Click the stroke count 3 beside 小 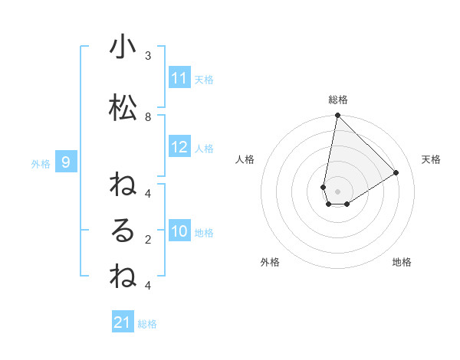148,55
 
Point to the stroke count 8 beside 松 148,116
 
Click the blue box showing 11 179,78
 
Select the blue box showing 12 179,148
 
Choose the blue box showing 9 67,162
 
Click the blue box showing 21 123,323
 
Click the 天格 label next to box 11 204,80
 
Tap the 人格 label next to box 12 204,149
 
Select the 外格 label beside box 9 40,163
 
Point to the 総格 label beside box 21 147,324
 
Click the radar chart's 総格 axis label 337,100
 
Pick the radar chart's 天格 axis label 431,159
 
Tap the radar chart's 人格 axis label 245,159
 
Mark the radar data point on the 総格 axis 337,116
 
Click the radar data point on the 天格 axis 396,173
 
